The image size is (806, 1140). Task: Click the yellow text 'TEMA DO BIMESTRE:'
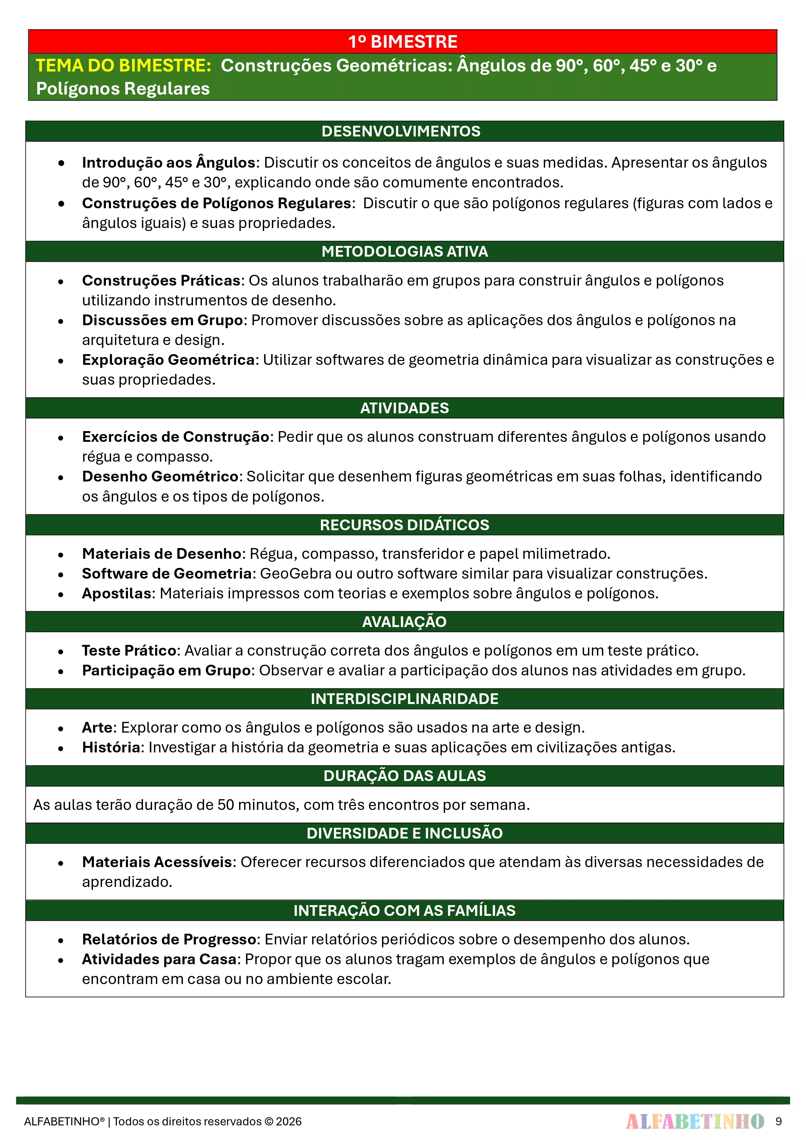pyautogui.click(x=124, y=66)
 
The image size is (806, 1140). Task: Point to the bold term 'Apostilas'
pyautogui.click(x=117, y=593)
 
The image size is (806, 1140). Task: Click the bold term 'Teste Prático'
pyautogui.click(x=129, y=650)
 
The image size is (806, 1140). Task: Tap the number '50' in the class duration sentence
pyautogui.click(x=225, y=805)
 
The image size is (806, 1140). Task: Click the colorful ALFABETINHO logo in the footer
pyautogui.click(x=695, y=1121)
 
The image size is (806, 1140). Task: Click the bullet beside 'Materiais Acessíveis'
pyautogui.click(x=60, y=863)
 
